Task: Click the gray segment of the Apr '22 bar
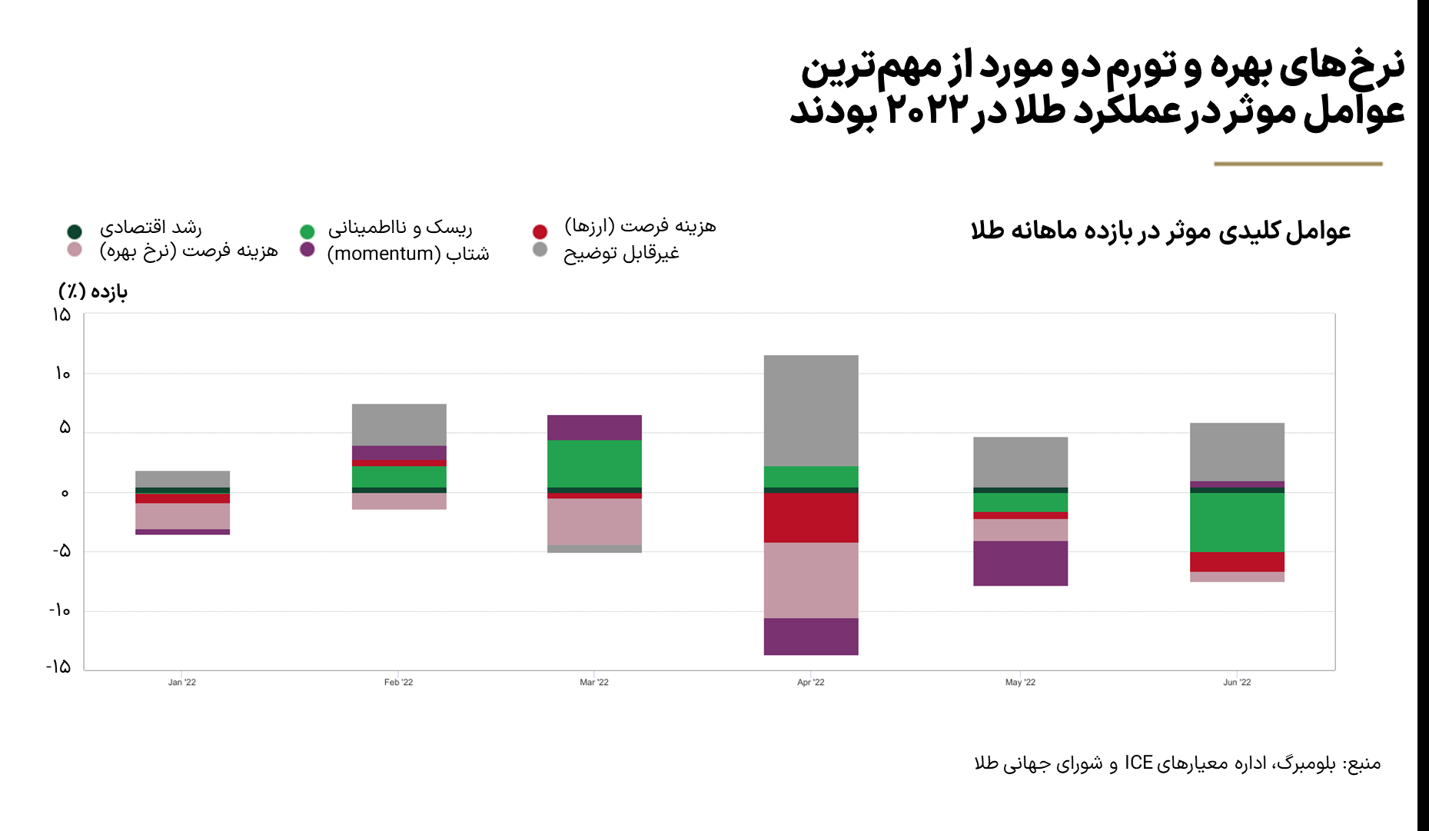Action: tap(811, 411)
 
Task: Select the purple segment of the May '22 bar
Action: tap(1020, 563)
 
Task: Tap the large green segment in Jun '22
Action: tap(1237, 522)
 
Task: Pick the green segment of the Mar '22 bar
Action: tap(594, 464)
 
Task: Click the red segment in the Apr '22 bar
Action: tap(811, 517)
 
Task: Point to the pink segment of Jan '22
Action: tap(182, 516)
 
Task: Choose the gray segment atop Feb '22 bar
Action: tap(399, 424)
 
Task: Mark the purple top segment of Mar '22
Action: tap(594, 427)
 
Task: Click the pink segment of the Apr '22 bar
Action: tap(811, 580)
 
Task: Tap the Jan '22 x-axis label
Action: tap(182, 683)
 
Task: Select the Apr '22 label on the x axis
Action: tap(811, 683)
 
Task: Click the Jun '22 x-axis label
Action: tap(1237, 683)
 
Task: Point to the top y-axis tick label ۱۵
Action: tap(61, 314)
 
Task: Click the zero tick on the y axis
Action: tap(65, 493)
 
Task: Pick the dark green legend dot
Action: tap(75, 231)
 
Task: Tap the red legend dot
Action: tap(540, 231)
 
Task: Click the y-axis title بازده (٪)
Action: tap(93, 291)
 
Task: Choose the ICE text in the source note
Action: tap(1138, 763)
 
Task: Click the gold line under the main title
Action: tap(1298, 164)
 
